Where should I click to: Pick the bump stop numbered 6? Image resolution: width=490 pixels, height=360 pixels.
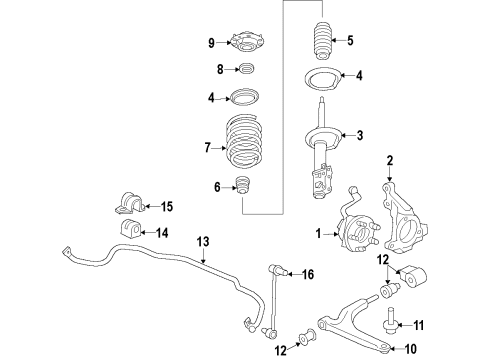click(241, 187)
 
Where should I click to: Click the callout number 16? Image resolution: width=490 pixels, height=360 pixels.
click(308, 273)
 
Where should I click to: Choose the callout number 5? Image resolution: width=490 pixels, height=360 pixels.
click(349, 42)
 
